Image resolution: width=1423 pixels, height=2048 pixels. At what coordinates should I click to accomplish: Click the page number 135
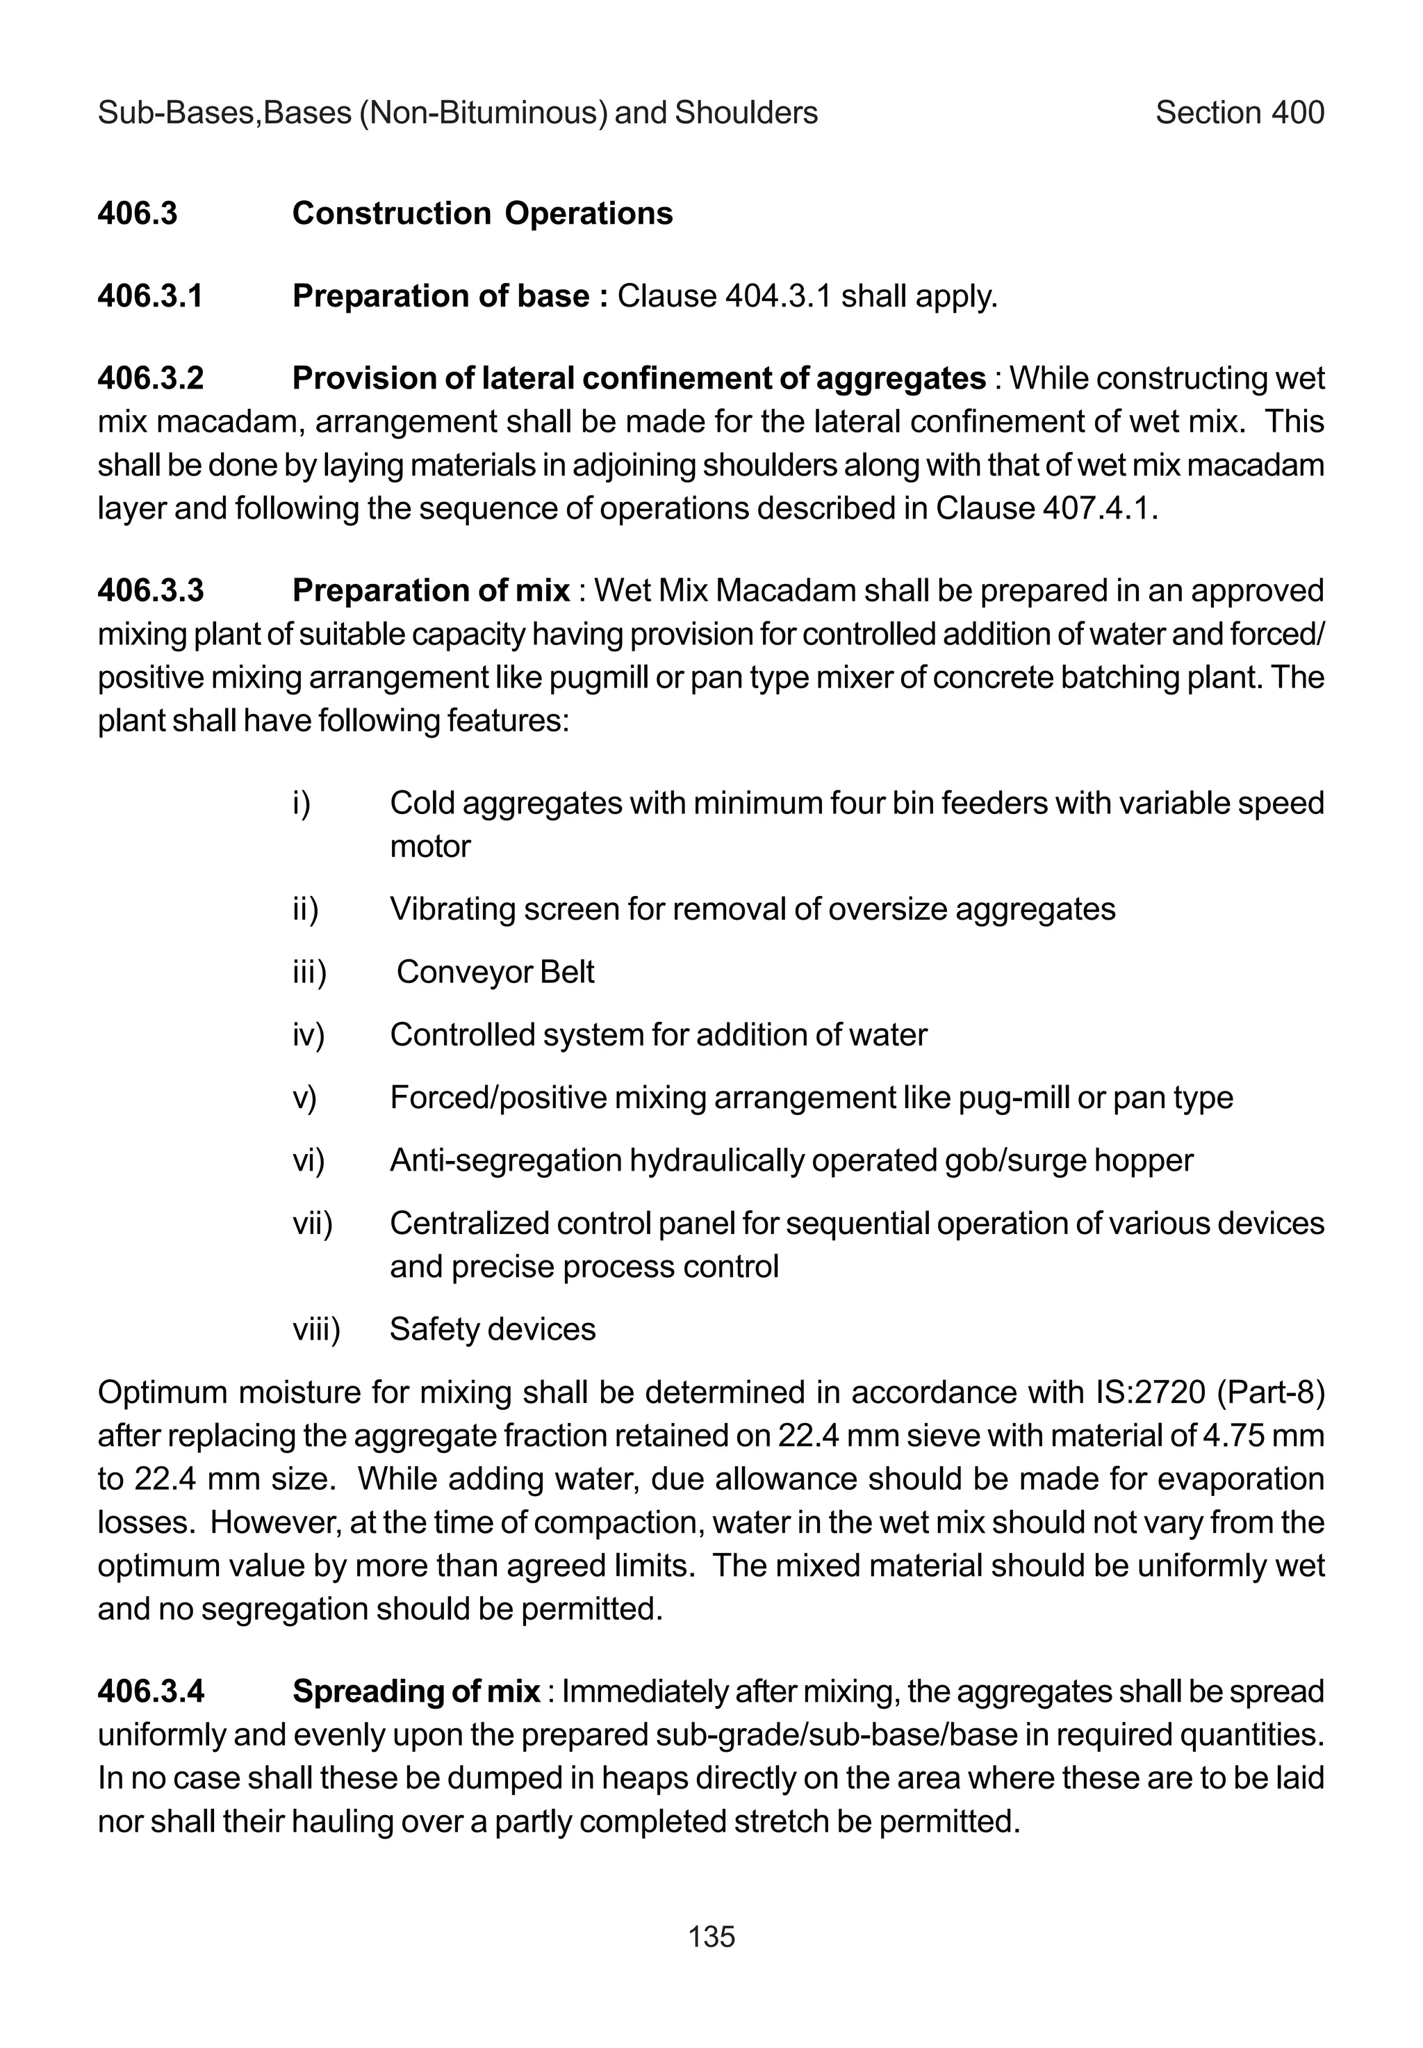click(711, 1937)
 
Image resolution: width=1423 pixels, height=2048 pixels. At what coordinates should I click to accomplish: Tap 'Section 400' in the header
click(1240, 113)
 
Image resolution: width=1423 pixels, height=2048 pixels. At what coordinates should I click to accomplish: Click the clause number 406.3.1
click(150, 296)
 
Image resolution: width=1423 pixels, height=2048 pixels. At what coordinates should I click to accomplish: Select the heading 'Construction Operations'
click(482, 214)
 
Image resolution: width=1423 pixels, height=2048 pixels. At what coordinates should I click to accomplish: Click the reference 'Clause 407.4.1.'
click(1046, 510)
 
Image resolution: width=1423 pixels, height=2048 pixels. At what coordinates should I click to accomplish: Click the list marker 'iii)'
click(309, 973)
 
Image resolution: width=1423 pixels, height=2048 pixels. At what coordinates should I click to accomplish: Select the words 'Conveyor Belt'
click(495, 973)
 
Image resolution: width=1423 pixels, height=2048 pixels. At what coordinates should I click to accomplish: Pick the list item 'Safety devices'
click(492, 1330)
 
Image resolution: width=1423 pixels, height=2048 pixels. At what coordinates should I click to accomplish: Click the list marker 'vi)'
click(309, 1160)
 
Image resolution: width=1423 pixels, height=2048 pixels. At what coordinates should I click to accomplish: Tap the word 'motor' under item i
click(430, 847)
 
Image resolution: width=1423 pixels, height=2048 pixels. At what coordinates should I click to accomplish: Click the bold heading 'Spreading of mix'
click(416, 1692)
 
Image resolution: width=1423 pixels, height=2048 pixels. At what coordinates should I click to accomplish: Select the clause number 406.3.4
click(150, 1692)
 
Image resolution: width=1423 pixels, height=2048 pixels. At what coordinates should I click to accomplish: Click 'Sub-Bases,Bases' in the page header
click(224, 113)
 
